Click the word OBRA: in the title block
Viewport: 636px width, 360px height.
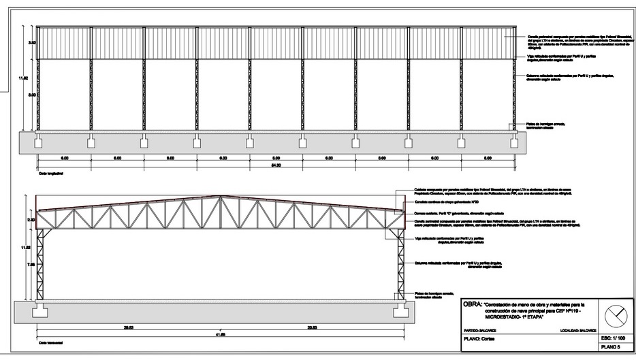472,304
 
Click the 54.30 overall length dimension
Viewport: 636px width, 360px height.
276,165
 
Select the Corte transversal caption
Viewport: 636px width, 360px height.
50,342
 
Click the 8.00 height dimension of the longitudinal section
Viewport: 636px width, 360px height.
31,95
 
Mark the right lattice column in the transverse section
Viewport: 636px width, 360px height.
398,265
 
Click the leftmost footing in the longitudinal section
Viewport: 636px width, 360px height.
39,143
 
